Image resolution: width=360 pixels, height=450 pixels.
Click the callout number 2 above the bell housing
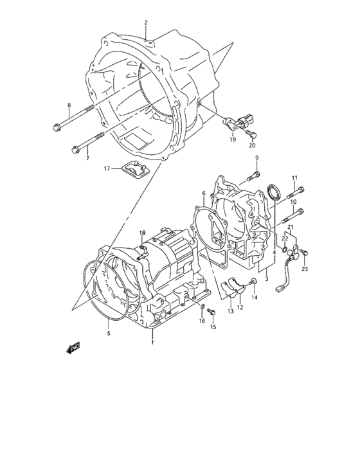(146, 22)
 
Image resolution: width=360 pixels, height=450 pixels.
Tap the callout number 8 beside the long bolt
(69, 105)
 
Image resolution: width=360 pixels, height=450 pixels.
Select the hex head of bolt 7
(75, 150)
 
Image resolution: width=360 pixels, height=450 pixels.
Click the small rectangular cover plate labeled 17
(136, 169)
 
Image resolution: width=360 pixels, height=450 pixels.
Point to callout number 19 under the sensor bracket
(233, 139)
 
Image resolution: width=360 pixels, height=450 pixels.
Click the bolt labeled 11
(296, 192)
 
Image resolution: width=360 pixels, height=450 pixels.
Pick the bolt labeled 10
(293, 215)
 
